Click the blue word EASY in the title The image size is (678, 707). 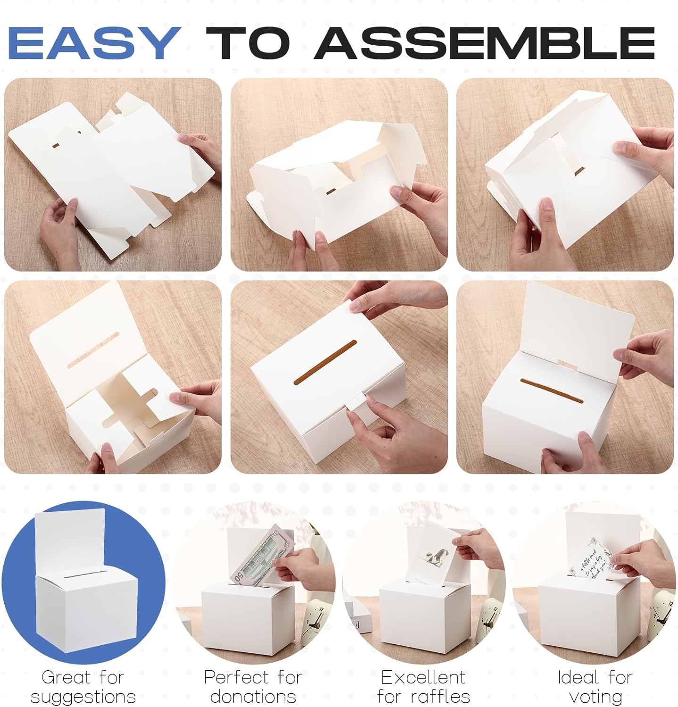(x=94, y=43)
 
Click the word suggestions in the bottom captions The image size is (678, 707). (x=83, y=696)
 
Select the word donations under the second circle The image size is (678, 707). (x=253, y=696)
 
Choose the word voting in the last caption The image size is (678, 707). (x=595, y=696)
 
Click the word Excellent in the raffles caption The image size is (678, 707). (x=423, y=677)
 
